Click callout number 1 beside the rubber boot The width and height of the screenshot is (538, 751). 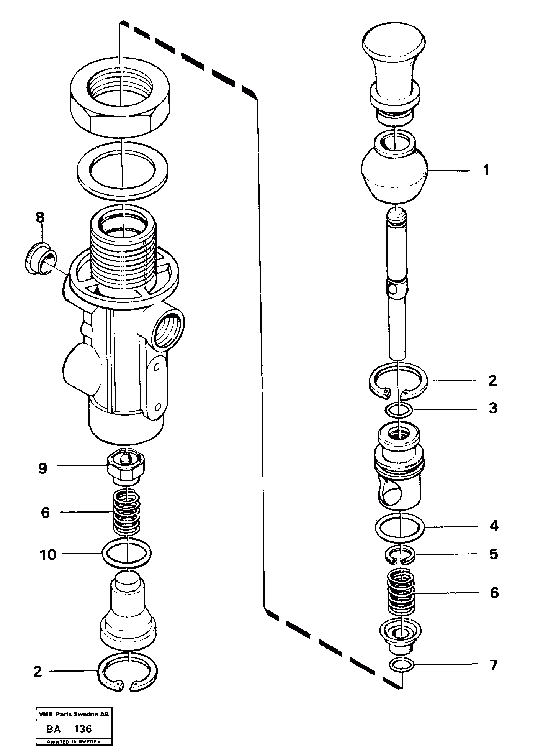point(486,170)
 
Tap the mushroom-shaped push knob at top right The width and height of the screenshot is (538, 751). point(394,58)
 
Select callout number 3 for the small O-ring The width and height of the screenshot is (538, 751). point(493,408)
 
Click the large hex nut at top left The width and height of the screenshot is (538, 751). point(120,100)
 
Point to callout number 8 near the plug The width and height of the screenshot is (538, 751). point(40,218)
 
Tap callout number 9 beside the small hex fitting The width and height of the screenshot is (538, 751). point(43,468)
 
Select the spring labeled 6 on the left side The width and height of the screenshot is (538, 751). point(126,513)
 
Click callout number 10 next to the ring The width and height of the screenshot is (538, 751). point(48,555)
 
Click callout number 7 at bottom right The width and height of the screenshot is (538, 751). point(494,665)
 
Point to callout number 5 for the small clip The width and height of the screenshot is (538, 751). point(494,554)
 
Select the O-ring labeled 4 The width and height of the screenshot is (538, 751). point(400,528)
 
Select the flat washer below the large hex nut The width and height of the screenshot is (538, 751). point(123,169)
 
